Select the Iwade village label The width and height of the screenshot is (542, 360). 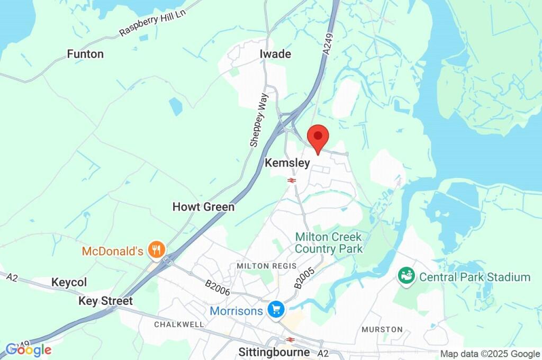[275, 54]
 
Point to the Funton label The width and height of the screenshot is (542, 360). [85, 54]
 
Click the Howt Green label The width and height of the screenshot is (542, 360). [203, 207]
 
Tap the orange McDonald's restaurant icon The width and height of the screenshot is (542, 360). [156, 250]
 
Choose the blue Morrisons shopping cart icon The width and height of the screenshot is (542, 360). [275, 310]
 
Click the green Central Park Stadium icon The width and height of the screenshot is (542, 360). [406, 276]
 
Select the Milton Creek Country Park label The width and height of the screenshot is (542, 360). [329, 242]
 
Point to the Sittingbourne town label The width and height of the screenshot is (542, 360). [274, 352]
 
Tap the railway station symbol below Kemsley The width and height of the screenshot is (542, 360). [291, 181]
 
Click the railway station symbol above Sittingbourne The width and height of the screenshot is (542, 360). [290, 339]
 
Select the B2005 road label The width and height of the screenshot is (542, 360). [305, 278]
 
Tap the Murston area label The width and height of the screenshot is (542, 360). [382, 329]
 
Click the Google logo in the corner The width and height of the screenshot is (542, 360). [29, 349]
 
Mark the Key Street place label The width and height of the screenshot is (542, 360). [105, 301]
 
